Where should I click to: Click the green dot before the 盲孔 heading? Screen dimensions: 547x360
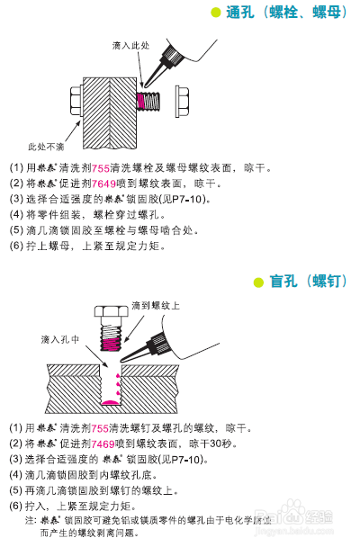(258, 282)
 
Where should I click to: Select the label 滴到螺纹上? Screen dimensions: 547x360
(155, 306)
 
